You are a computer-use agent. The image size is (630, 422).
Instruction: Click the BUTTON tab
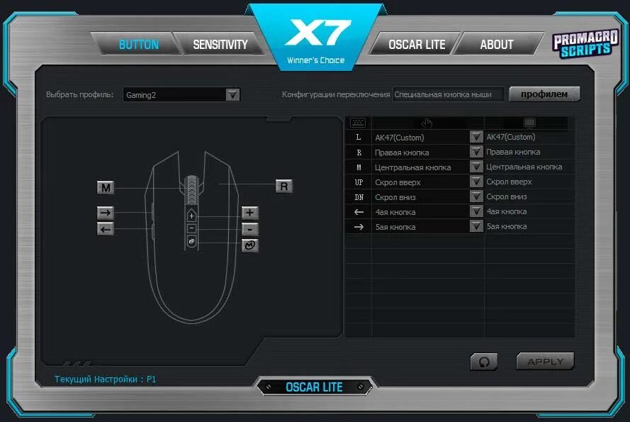(x=138, y=45)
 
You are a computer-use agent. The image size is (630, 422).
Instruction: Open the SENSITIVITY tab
(x=220, y=45)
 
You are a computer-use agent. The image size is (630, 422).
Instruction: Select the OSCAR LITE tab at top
(x=416, y=45)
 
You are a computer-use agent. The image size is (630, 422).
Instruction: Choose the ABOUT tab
(x=496, y=45)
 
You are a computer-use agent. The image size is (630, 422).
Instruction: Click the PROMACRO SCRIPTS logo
(x=581, y=44)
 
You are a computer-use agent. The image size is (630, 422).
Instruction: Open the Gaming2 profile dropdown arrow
(x=232, y=95)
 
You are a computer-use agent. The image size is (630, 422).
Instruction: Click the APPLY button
(x=545, y=362)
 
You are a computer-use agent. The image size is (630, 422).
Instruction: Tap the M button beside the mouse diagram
(x=106, y=188)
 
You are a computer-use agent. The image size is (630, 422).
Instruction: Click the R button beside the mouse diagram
(x=284, y=187)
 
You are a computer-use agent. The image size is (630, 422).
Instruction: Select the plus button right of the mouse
(x=249, y=213)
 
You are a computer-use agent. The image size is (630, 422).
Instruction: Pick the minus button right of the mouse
(x=249, y=229)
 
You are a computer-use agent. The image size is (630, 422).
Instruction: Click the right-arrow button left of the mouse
(x=106, y=213)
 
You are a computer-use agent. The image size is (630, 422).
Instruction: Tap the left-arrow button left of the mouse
(x=106, y=228)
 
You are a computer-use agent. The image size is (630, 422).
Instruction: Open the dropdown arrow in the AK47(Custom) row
(x=476, y=138)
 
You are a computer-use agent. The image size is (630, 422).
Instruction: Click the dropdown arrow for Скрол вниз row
(x=476, y=197)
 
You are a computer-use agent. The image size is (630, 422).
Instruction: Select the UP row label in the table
(x=359, y=182)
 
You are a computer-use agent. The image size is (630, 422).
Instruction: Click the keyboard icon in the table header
(x=358, y=123)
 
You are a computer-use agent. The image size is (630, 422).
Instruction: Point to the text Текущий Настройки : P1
(x=106, y=379)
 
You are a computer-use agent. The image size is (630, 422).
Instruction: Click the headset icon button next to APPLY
(x=484, y=362)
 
